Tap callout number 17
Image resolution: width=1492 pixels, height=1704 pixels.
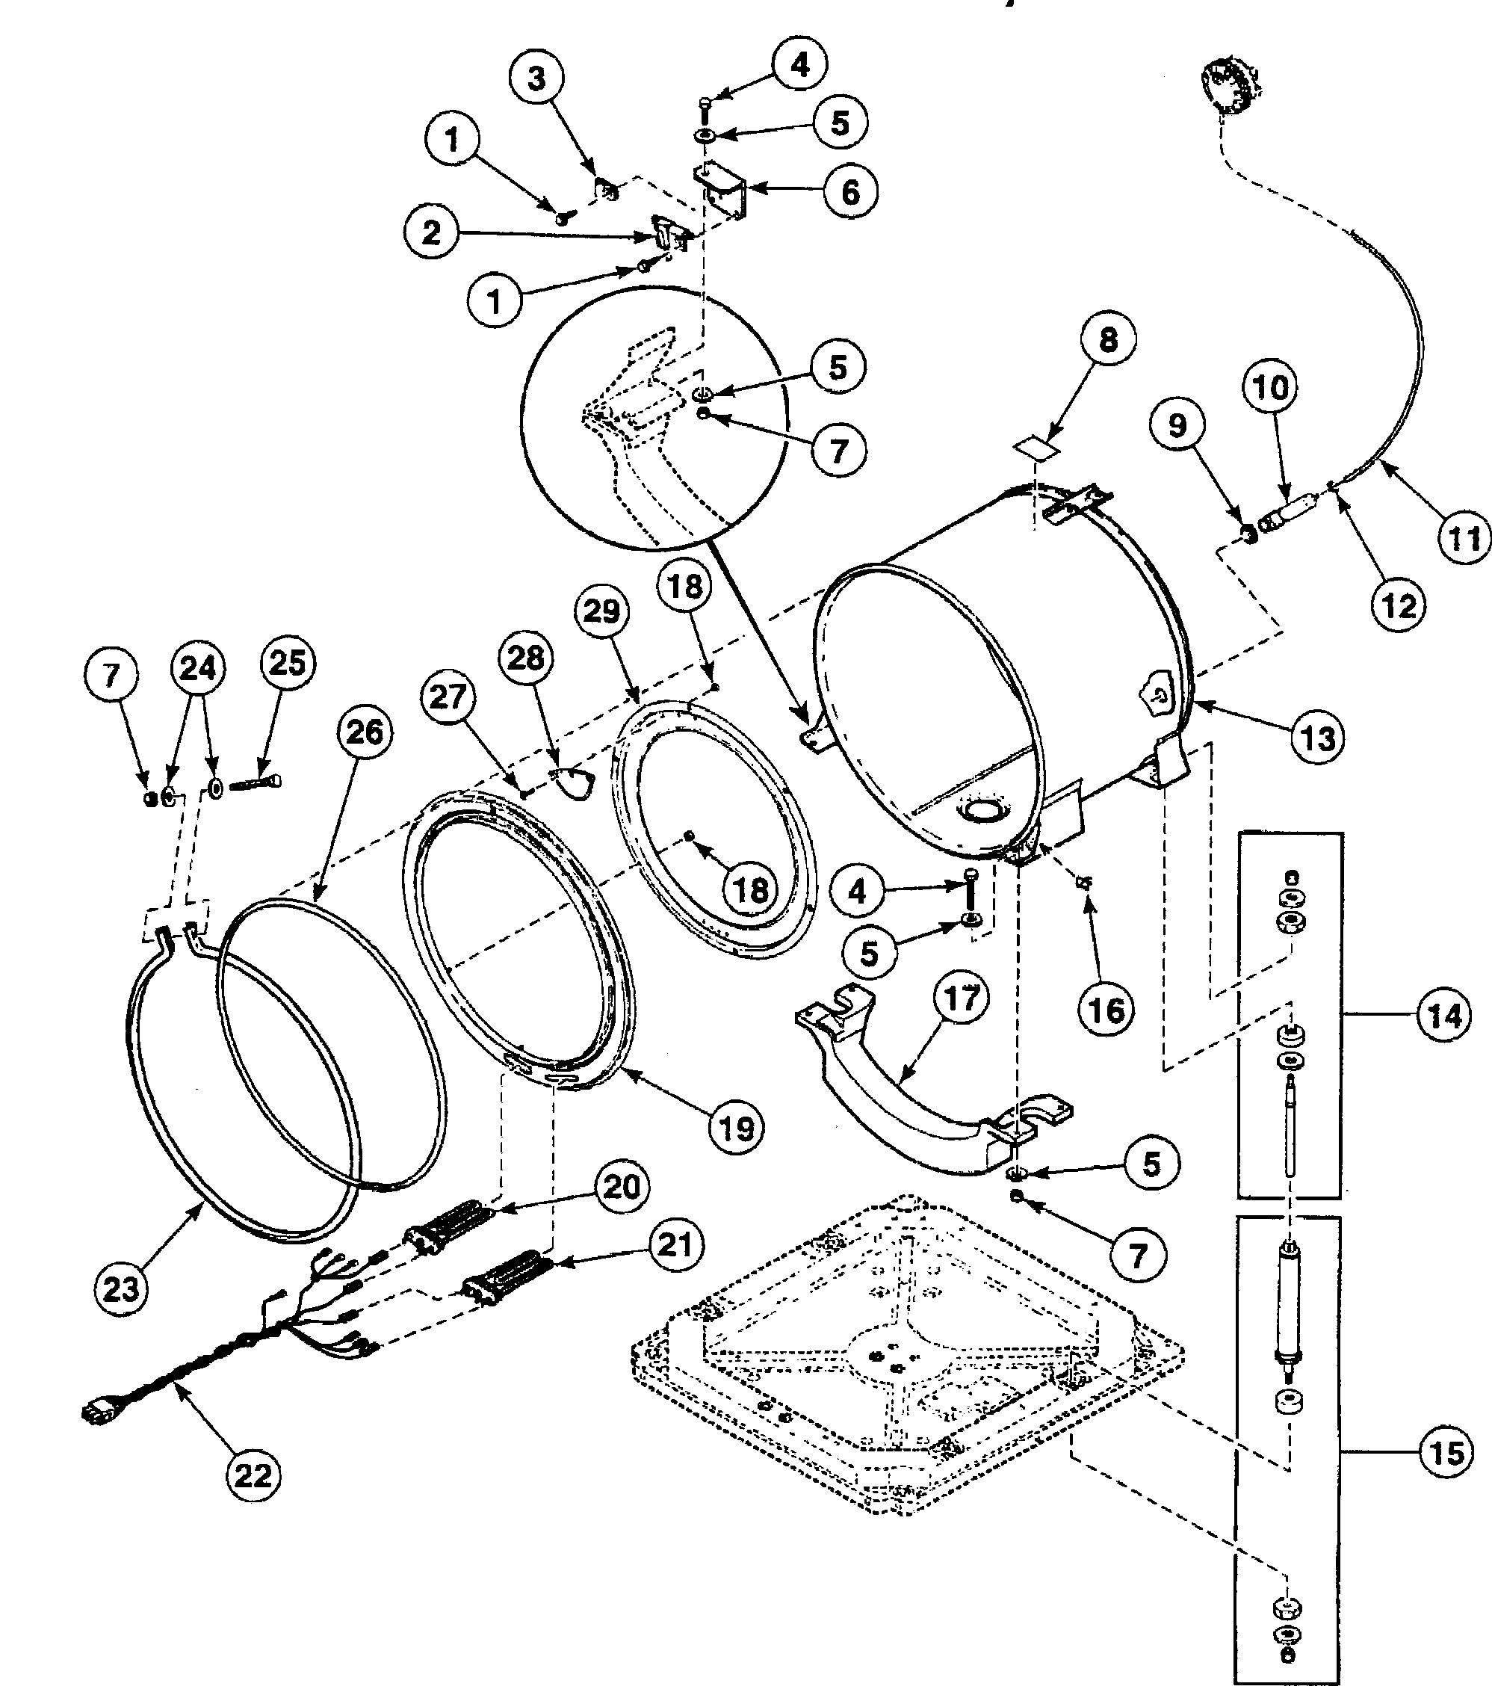pyautogui.click(x=962, y=997)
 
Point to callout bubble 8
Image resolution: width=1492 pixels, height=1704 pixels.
pyautogui.click(x=1108, y=339)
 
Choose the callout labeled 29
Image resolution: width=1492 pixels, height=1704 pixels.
pyautogui.click(x=601, y=611)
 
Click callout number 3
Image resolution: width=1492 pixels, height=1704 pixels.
pyautogui.click(x=536, y=78)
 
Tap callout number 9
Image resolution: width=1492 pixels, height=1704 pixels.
pyautogui.click(x=1177, y=425)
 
